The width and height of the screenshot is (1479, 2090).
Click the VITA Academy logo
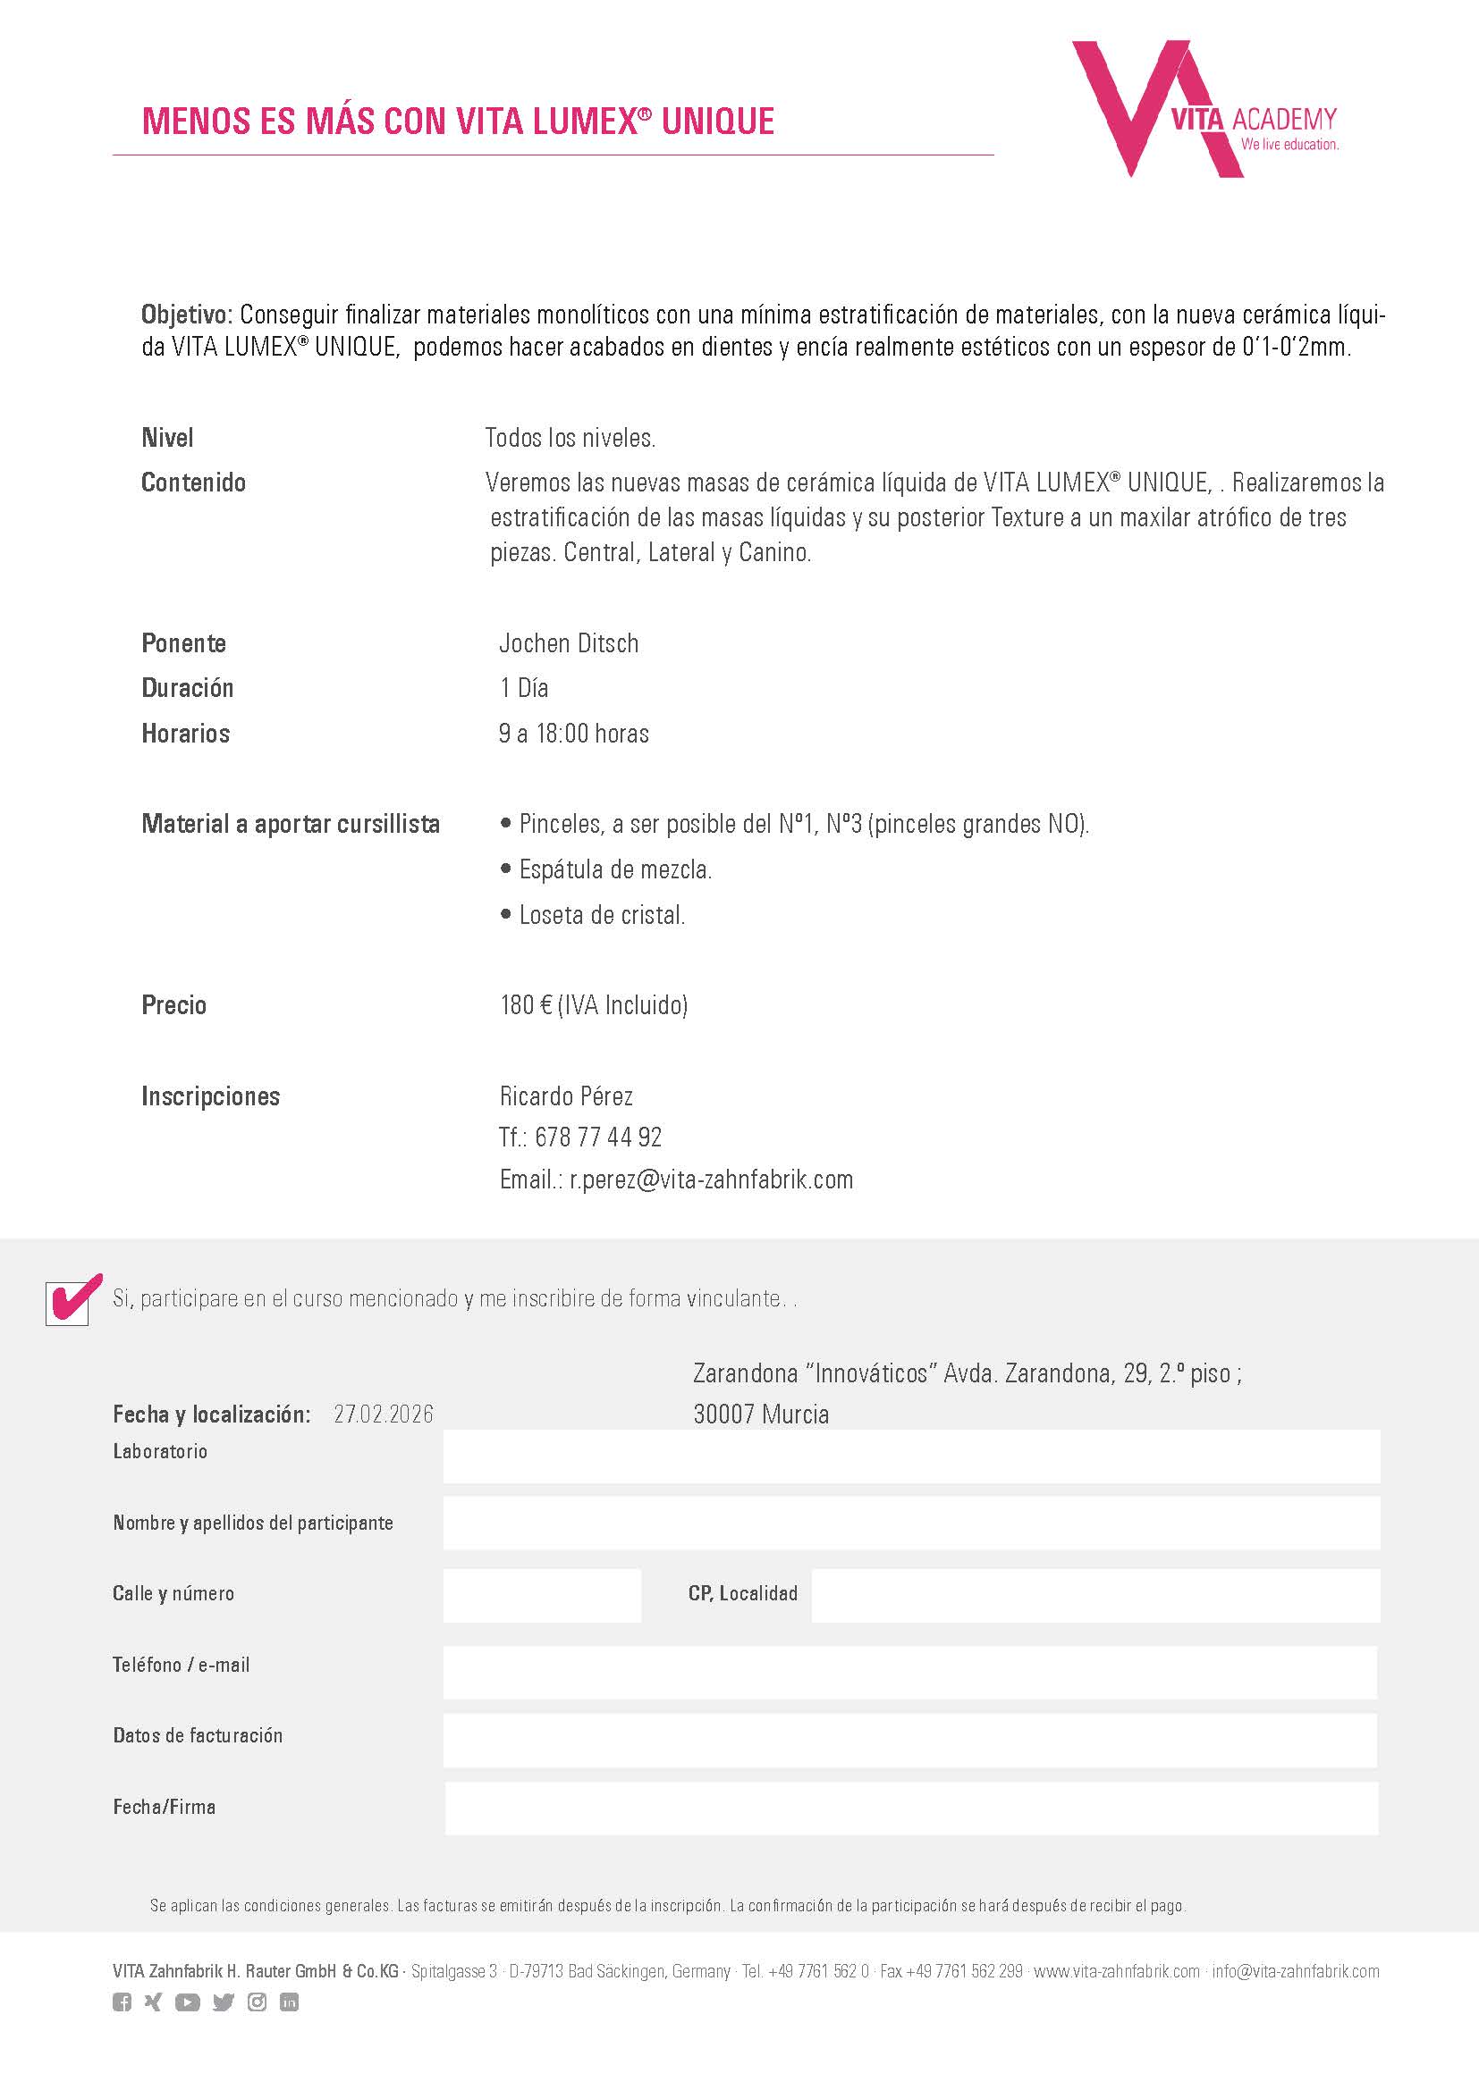click(x=1202, y=109)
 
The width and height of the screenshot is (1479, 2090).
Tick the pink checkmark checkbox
click(x=68, y=1303)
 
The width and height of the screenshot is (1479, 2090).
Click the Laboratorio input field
click(x=910, y=1456)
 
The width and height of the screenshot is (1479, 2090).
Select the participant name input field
click(x=910, y=1523)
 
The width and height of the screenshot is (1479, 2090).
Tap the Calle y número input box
click(x=542, y=1595)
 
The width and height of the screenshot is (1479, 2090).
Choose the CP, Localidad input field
click(x=1094, y=1595)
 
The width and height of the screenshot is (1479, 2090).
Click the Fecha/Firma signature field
click(x=910, y=1808)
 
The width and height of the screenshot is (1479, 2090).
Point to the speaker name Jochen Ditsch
click(x=569, y=643)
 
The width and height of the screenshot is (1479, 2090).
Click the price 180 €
click(x=527, y=1005)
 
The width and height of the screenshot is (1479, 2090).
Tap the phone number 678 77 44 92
click(x=597, y=1137)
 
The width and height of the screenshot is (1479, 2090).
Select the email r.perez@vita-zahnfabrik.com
click(x=711, y=1179)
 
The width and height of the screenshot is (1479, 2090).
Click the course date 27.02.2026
click(x=384, y=1414)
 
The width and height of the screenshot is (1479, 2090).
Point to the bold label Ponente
click(x=183, y=643)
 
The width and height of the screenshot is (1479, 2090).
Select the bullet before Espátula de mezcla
click(x=506, y=869)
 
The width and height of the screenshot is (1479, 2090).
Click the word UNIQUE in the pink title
click(x=718, y=121)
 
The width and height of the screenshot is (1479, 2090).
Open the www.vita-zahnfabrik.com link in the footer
click(x=1117, y=1972)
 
